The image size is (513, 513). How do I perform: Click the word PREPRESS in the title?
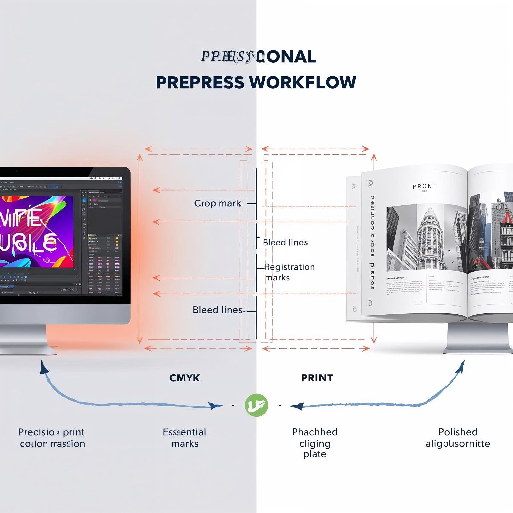[200, 82]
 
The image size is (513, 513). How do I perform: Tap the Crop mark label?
[217, 203]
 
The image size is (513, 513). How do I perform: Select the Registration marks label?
[289, 272]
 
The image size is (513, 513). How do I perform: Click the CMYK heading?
[184, 378]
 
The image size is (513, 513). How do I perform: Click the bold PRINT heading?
[317, 378]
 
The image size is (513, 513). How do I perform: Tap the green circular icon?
[256, 405]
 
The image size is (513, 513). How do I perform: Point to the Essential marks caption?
[184, 438]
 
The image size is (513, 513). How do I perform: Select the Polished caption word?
[458, 432]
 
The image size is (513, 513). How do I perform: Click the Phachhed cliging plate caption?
[315, 443]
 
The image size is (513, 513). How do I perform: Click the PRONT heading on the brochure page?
[424, 186]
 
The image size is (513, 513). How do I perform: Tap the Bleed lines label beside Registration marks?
[285, 242]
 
